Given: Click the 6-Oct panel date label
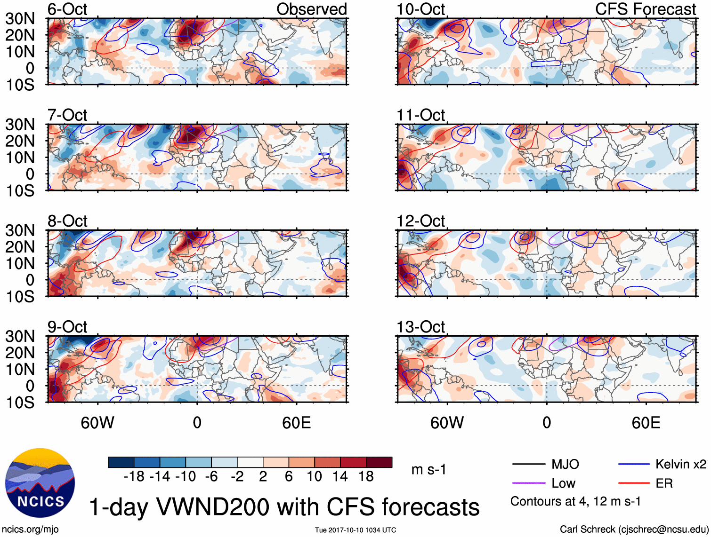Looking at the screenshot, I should pyautogui.click(x=67, y=9).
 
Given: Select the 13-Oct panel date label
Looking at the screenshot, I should pyautogui.click(x=420, y=327).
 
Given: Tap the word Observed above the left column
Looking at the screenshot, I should pyautogui.click(x=311, y=9).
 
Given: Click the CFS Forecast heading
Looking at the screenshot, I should pyautogui.click(x=646, y=9).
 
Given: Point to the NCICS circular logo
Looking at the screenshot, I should pyautogui.click(x=40, y=483).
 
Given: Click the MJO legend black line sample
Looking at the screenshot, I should pyautogui.click(x=528, y=465).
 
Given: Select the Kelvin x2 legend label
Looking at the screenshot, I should pyautogui.click(x=680, y=465).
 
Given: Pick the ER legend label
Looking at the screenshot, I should pyautogui.click(x=664, y=483).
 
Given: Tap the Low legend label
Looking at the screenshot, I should pyautogui.click(x=563, y=483).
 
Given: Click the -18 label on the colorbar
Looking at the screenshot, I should pyautogui.click(x=134, y=476).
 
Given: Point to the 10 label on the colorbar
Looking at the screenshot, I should pyautogui.click(x=314, y=476).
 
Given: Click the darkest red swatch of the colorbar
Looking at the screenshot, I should pyautogui.click(x=379, y=462).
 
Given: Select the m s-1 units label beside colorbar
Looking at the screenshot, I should pyautogui.click(x=428, y=470).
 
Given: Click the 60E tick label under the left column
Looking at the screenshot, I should pyautogui.click(x=296, y=423).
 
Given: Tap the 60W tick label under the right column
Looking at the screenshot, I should pyautogui.click(x=447, y=423).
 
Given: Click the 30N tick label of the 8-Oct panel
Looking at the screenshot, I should pyautogui.click(x=20, y=230).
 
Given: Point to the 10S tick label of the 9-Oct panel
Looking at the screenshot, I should pyautogui.click(x=20, y=403).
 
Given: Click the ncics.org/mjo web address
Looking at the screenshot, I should pyautogui.click(x=30, y=529).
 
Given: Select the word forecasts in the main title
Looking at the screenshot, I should pyautogui.click(x=430, y=507).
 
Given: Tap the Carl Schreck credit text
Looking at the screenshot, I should pyautogui.click(x=634, y=529).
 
